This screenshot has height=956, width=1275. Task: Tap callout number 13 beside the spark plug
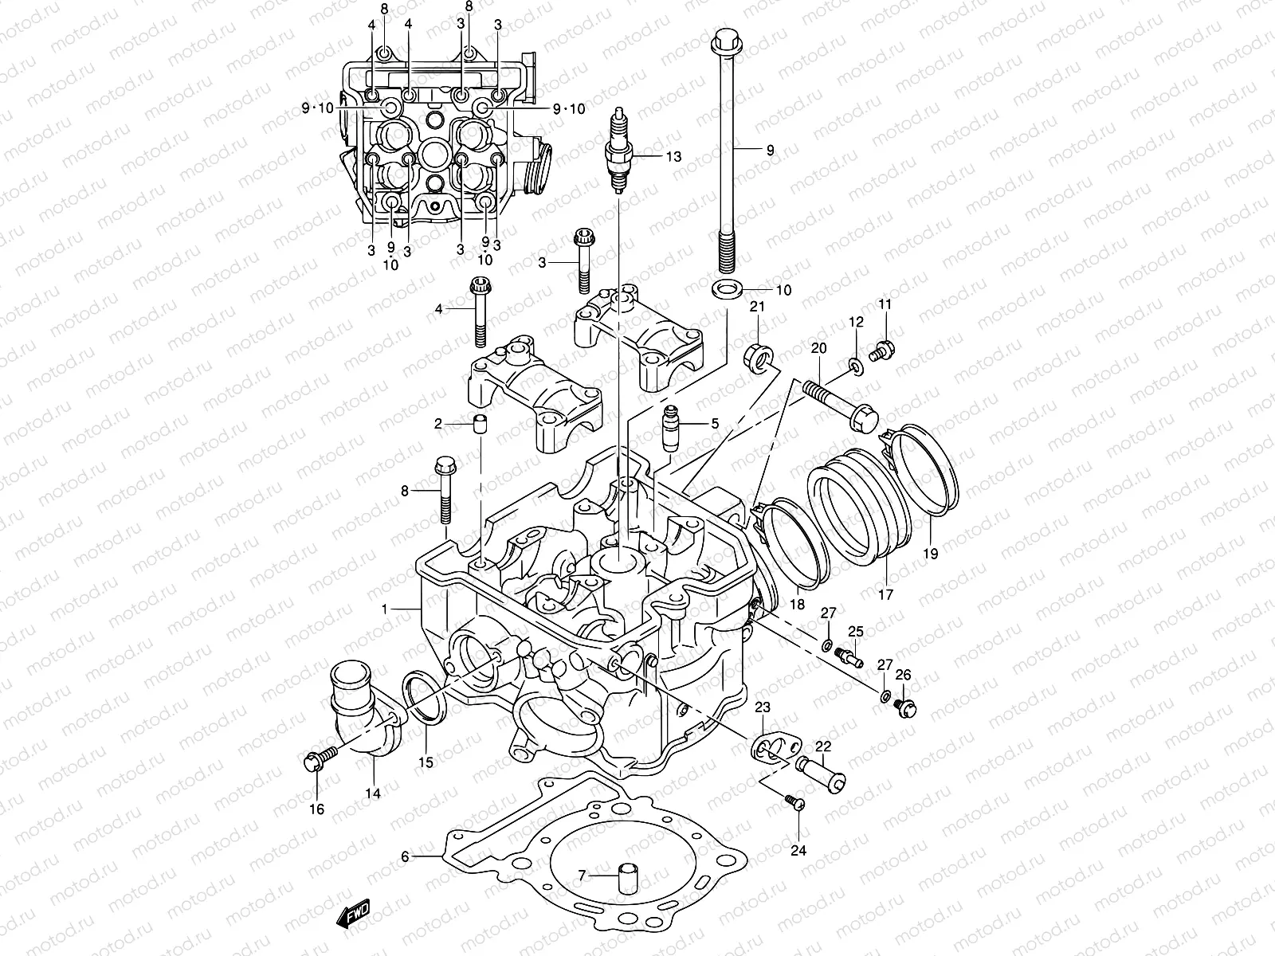pyautogui.click(x=673, y=157)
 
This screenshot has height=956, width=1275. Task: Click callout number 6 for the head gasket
pyautogui.click(x=405, y=856)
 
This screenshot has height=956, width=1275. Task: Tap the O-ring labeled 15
pyautogui.click(x=426, y=697)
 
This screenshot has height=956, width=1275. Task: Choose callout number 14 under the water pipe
pyautogui.click(x=373, y=793)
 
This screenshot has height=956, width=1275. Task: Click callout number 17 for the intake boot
pyautogui.click(x=886, y=594)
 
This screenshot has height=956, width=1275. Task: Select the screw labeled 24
pyautogui.click(x=793, y=805)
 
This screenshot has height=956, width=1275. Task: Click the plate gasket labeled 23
pyautogui.click(x=766, y=746)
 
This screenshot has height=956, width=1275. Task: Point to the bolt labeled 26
pyautogui.click(x=906, y=707)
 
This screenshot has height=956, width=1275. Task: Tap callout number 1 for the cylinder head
pyautogui.click(x=384, y=609)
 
